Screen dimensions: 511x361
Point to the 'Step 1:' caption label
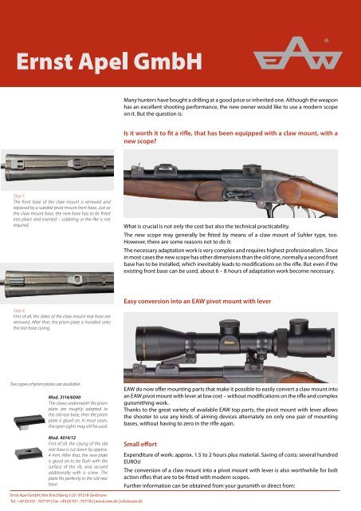click(14, 193)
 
